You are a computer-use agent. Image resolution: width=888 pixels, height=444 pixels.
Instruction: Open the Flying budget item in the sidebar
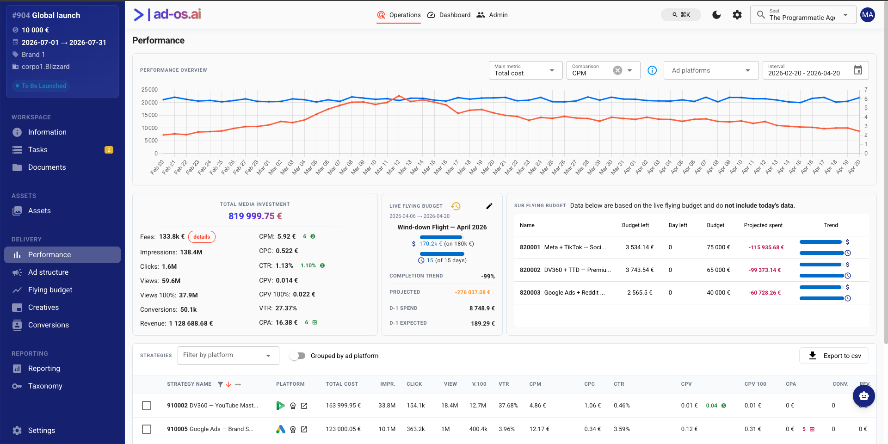[x=50, y=290]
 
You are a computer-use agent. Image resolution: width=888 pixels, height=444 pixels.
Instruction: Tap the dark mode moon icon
[x=716, y=15]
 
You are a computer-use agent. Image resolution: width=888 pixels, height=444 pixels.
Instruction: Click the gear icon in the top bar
[x=737, y=15]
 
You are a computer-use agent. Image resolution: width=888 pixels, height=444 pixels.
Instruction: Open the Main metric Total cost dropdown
[x=525, y=70]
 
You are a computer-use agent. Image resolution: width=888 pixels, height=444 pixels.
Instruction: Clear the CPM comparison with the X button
[x=617, y=70]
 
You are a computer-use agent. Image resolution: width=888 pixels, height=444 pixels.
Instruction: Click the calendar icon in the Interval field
[x=858, y=70]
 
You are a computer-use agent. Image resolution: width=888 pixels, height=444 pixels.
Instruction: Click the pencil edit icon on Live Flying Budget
[x=489, y=206]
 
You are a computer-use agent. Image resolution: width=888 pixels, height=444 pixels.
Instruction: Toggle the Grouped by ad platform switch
[x=298, y=356]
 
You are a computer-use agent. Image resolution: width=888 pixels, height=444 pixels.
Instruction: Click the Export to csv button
[x=834, y=356]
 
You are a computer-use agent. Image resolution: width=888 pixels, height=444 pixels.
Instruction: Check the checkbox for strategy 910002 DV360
[x=147, y=406]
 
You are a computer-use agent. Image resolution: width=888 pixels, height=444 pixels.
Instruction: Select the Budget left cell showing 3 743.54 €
[x=640, y=270]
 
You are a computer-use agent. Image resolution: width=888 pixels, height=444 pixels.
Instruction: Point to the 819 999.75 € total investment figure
[x=255, y=216]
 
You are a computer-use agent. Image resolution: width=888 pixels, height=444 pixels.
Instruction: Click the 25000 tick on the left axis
[x=149, y=90]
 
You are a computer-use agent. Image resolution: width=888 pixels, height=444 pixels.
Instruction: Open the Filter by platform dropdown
[x=228, y=356]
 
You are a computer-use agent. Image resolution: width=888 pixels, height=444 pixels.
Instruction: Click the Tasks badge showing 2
[x=109, y=150]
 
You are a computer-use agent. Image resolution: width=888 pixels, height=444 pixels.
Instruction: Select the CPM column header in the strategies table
[x=535, y=384]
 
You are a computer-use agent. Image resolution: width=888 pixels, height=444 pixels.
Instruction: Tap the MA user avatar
[x=868, y=15]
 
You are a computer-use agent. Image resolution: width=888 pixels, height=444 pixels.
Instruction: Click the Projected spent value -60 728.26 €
[x=765, y=293]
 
